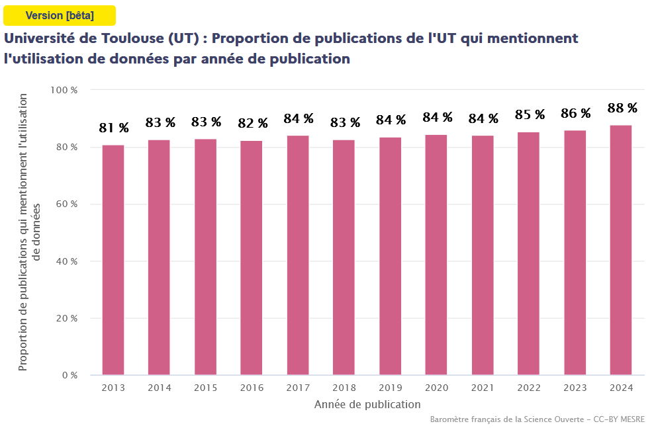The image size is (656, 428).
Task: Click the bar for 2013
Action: [x=113, y=260]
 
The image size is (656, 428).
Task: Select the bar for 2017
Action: [x=298, y=255]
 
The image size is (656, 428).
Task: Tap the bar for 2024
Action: [x=621, y=250]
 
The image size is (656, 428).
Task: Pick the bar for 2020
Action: [x=436, y=255]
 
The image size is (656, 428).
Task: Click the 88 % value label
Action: [x=622, y=108]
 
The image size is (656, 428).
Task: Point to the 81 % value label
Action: [x=114, y=128]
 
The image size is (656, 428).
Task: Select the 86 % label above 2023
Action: [x=576, y=113]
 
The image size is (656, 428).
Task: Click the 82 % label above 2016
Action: [x=253, y=123]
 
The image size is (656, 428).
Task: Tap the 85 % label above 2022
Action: [x=530, y=114]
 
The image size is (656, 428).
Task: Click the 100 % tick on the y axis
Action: [x=65, y=89]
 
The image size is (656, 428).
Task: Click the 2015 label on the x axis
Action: [x=205, y=388]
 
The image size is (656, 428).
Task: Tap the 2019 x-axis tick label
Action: [x=390, y=388]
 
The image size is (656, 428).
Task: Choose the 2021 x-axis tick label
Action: [x=483, y=388]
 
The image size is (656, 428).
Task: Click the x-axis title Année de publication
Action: [x=367, y=404]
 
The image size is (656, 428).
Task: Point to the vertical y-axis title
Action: [x=29, y=232]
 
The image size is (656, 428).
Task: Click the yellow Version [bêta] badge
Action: [x=60, y=15]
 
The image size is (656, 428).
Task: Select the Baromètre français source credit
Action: [x=537, y=419]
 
